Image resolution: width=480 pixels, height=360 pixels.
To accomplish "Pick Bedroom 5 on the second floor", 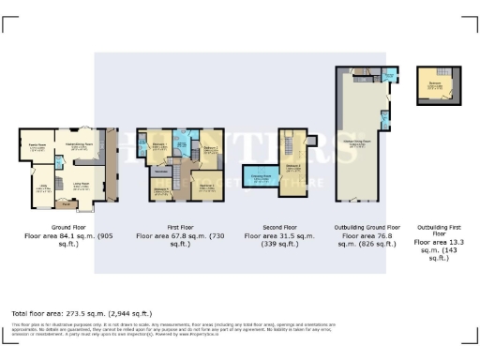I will coord(294,167).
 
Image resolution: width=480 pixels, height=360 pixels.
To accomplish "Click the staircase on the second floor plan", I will coord(289,148).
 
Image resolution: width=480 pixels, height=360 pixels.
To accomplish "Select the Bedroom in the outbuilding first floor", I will coord(435,85).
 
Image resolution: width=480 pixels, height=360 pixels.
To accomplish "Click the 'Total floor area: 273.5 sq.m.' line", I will coord(80,311).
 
